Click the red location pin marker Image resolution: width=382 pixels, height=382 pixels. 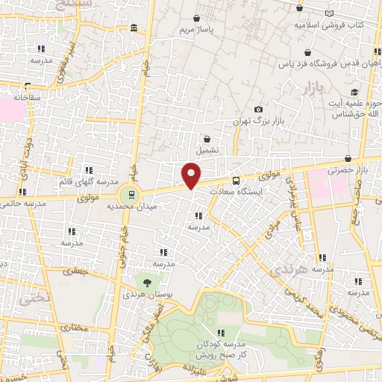[192, 175]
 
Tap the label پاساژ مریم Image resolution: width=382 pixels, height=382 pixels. [195, 31]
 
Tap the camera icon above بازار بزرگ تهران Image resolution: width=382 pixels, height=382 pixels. [259, 109]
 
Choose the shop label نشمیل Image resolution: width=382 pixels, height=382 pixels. [207, 150]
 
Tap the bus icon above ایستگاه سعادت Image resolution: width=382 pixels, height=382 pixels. [237, 180]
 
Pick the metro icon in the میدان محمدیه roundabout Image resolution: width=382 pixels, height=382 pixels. [131, 194]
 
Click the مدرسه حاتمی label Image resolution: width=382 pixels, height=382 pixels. [19, 204]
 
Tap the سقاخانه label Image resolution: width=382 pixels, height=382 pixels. [26, 97]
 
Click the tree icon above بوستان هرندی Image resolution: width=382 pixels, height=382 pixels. [146, 284]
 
